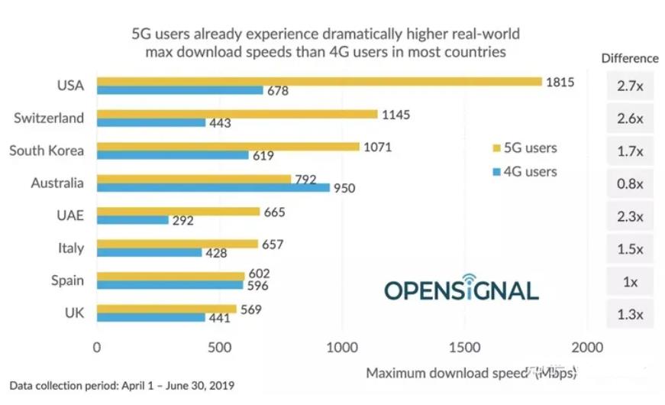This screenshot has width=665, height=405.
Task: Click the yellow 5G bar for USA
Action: point(319,81)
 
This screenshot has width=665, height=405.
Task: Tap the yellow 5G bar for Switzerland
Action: point(237,114)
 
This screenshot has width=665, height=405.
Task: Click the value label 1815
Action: point(560,82)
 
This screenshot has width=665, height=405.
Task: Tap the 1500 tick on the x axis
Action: point(465,348)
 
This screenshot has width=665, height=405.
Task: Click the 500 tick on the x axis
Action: point(219,348)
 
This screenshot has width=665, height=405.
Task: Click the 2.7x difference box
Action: point(630,86)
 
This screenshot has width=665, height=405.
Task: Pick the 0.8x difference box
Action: point(630,184)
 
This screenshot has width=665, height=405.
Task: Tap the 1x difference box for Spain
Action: point(630,282)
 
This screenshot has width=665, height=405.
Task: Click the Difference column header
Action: point(630,58)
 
